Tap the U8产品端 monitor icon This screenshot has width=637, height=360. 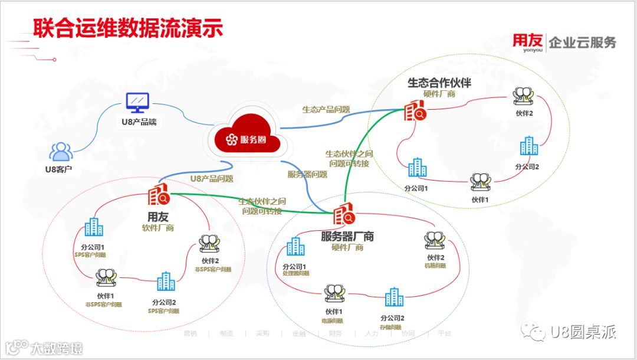(137, 103)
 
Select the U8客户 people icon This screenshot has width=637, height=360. (61, 152)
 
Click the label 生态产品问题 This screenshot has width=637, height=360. (326, 109)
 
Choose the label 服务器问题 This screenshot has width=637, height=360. (307, 174)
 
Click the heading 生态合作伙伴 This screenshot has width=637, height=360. (439, 82)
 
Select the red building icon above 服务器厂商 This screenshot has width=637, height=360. (344, 215)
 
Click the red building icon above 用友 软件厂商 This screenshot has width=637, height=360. (159, 195)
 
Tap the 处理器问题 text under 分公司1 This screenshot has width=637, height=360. (295, 274)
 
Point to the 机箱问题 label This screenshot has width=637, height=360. (435, 266)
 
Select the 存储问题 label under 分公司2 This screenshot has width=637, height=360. (391, 327)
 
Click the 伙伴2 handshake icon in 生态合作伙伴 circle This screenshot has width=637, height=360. (523, 97)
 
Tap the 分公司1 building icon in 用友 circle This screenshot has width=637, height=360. (93, 227)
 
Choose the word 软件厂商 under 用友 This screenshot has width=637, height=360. (157, 228)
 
